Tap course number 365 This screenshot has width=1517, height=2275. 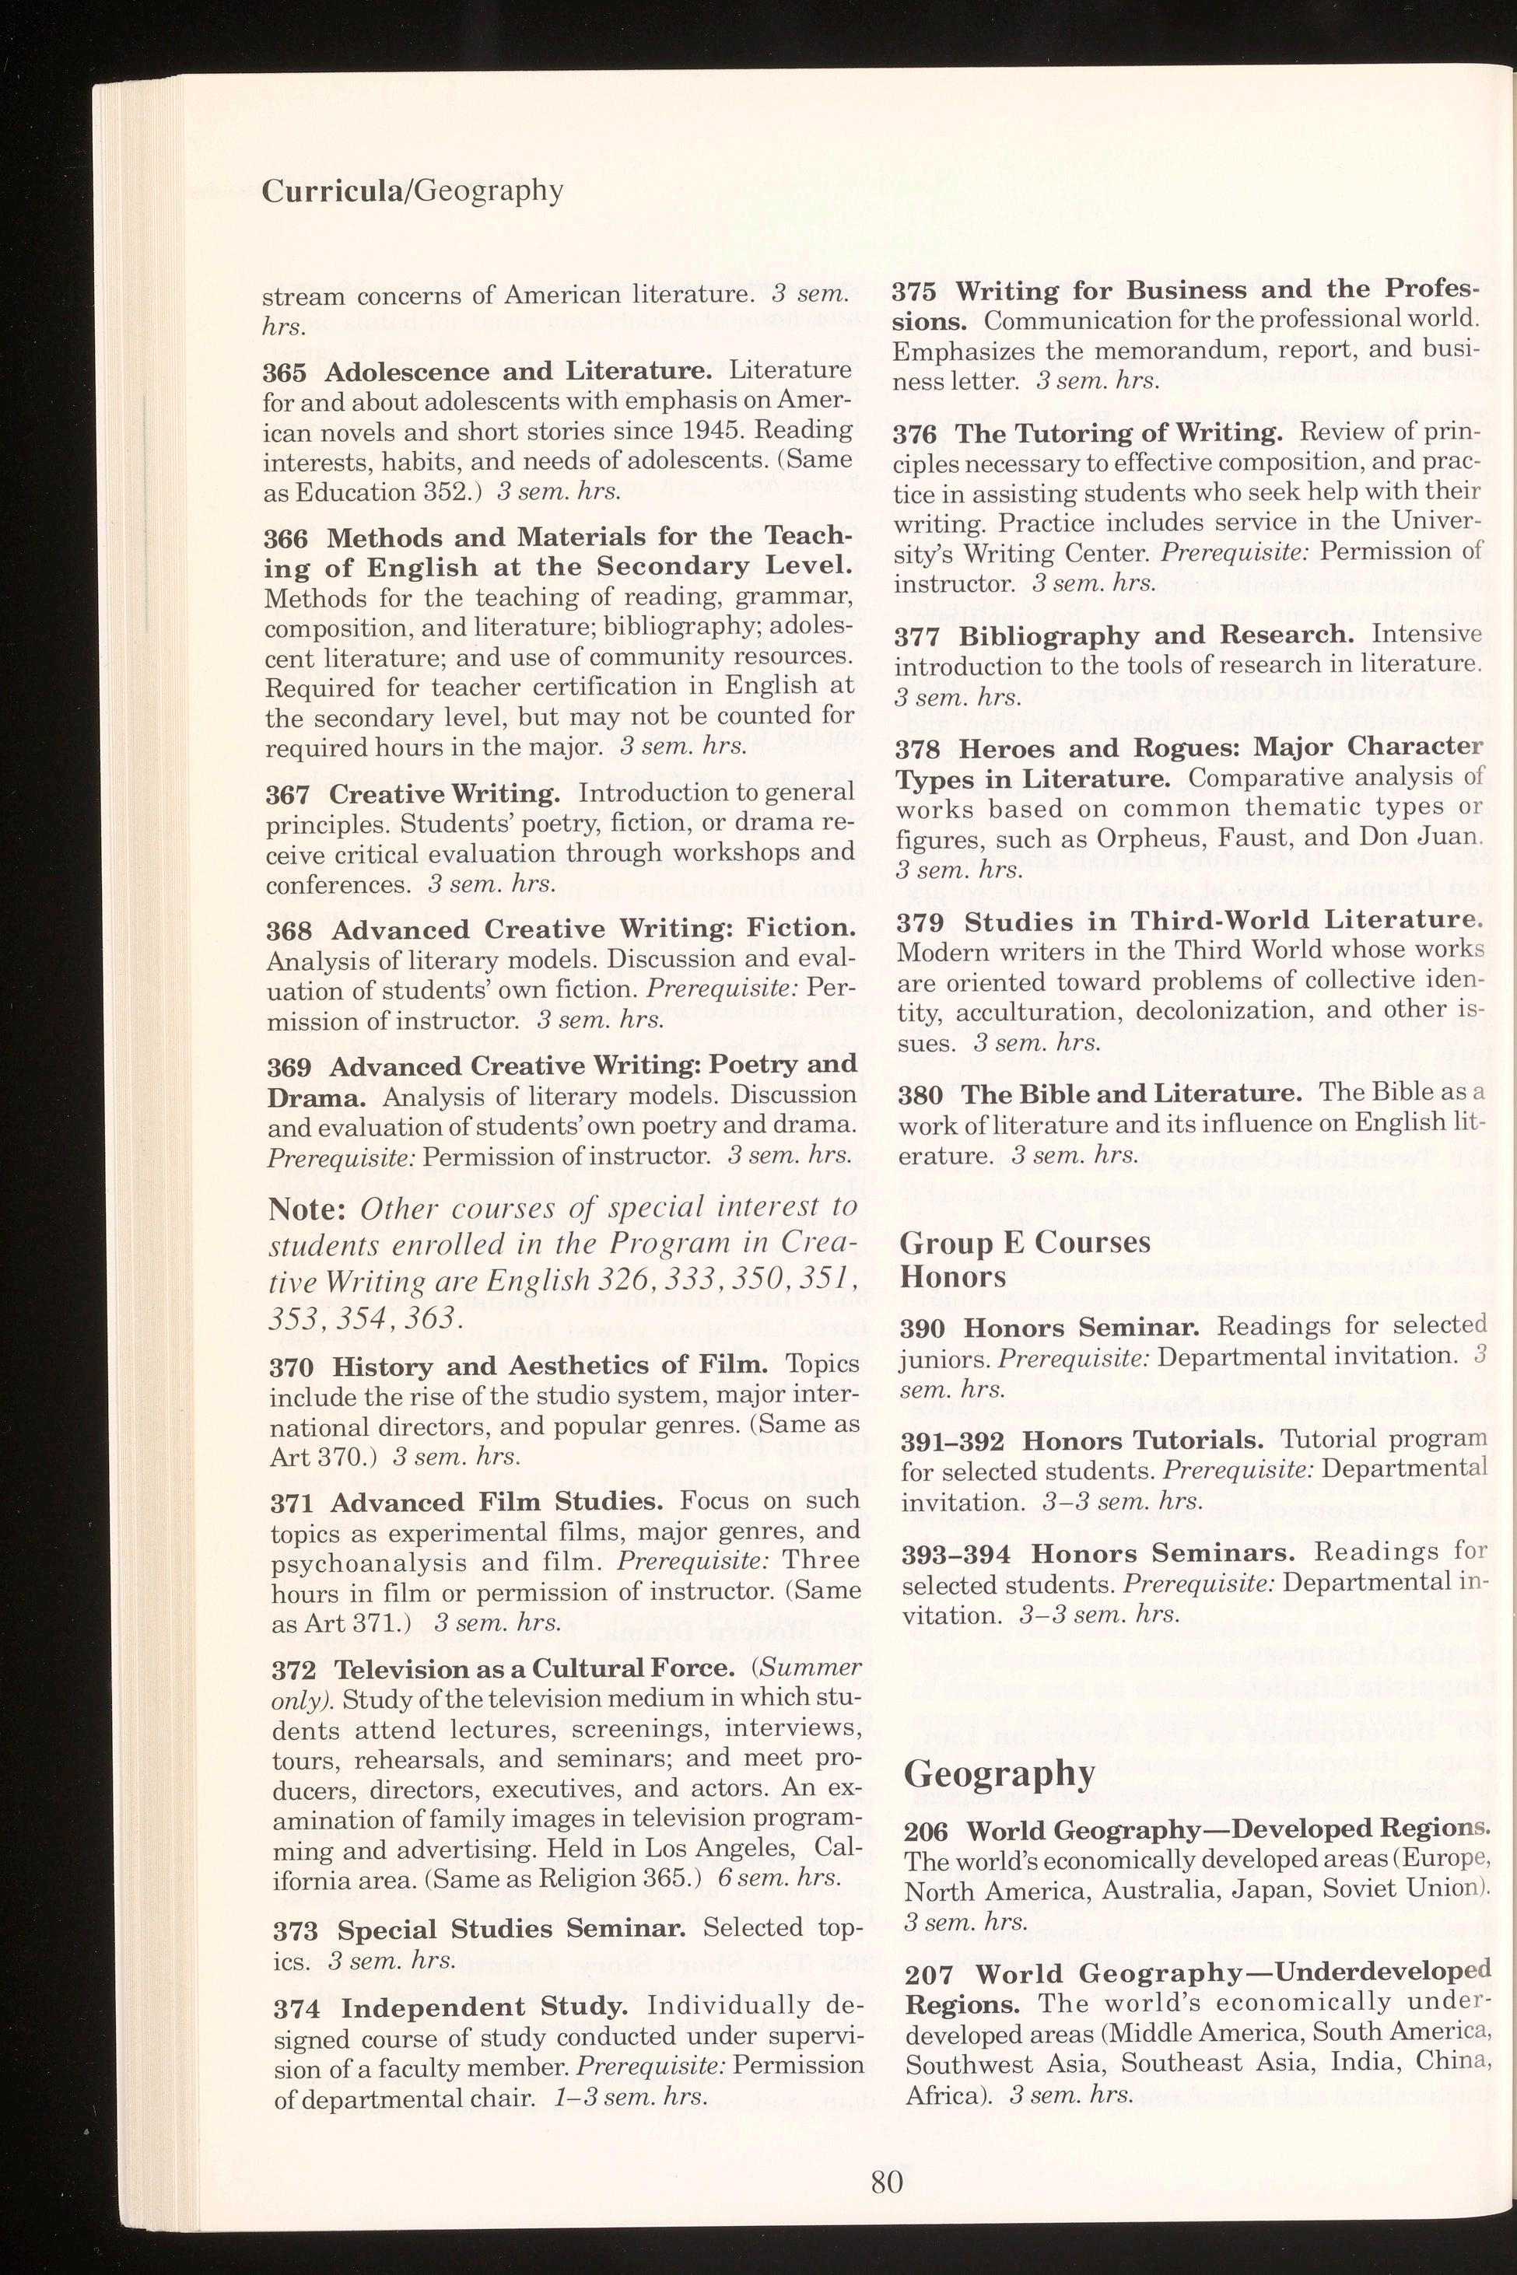pos(286,373)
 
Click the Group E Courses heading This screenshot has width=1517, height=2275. pos(1025,1242)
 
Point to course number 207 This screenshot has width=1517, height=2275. pos(929,1974)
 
